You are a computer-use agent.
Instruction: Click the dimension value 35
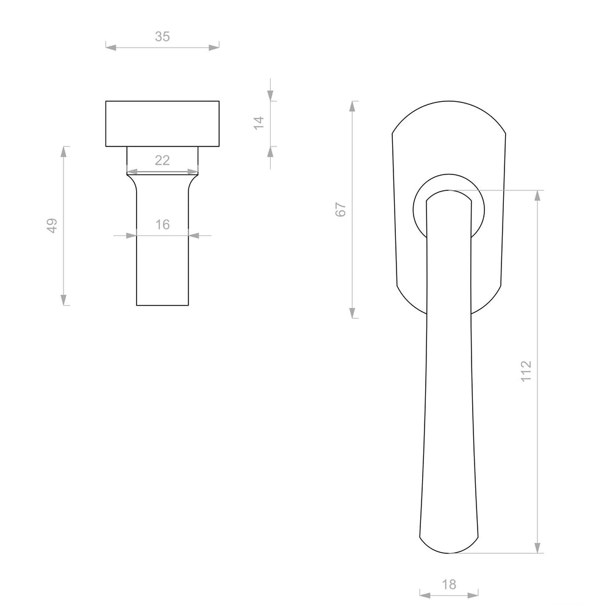[162, 37]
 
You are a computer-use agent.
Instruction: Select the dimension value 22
[162, 160]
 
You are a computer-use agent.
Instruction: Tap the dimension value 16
[163, 224]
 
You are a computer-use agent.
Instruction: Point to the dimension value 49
[52, 226]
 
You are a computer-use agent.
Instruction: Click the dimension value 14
[259, 123]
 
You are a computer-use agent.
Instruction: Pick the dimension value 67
[340, 210]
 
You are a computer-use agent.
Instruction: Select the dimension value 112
[526, 371]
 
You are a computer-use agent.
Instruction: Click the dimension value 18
[449, 584]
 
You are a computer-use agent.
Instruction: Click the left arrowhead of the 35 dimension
[111, 48]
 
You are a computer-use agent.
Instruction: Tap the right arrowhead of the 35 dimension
[214, 48]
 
